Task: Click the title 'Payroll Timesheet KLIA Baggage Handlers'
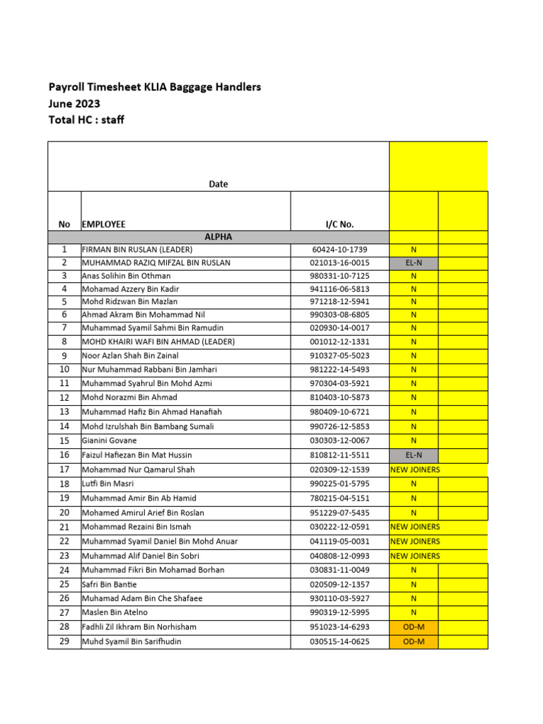pyautogui.click(x=154, y=87)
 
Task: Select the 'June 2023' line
pyautogui.click(x=74, y=103)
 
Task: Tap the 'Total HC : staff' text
pyautogui.click(x=86, y=119)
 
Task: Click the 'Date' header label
pyautogui.click(x=218, y=184)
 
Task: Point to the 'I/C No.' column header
pyautogui.click(x=339, y=224)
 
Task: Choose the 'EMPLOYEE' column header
pyautogui.click(x=104, y=224)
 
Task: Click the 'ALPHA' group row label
pyautogui.click(x=218, y=237)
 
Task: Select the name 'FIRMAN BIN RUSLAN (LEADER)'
pyautogui.click(x=137, y=250)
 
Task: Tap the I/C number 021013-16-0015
pyautogui.click(x=339, y=263)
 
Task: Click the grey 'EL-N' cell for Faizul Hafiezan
pyautogui.click(x=414, y=455)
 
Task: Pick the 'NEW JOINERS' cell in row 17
pyautogui.click(x=414, y=469)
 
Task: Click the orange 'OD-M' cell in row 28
pyautogui.click(x=414, y=627)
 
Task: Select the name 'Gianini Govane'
pyautogui.click(x=107, y=440)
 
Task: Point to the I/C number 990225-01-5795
pyautogui.click(x=339, y=484)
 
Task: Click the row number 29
pyautogui.click(x=64, y=641)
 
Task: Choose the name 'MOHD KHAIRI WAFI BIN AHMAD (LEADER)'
pyautogui.click(x=158, y=341)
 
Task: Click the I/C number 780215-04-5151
pyautogui.click(x=339, y=498)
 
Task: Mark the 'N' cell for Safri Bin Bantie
pyautogui.click(x=414, y=585)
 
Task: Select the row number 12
pyautogui.click(x=64, y=397)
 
